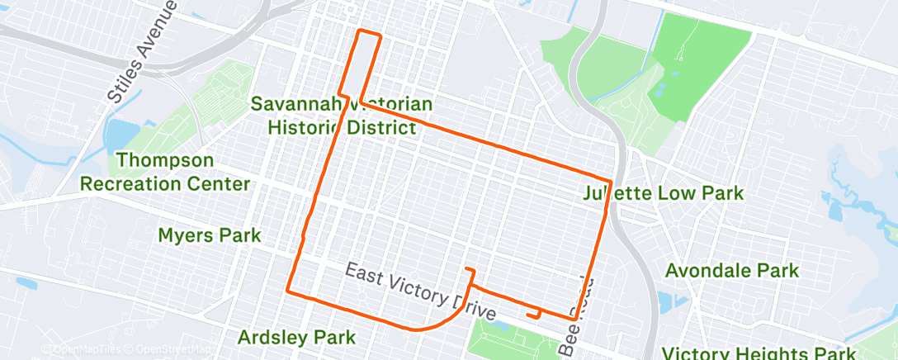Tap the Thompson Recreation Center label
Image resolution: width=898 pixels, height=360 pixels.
click(164, 171)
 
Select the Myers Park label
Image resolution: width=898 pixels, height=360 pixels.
click(209, 235)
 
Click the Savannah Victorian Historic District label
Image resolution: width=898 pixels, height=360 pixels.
click(342, 116)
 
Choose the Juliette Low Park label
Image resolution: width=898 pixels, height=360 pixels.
click(663, 194)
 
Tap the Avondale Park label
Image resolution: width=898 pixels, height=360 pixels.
click(731, 270)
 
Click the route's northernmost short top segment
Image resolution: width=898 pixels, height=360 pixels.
click(368, 32)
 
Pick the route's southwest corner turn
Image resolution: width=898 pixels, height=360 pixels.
click(287, 291)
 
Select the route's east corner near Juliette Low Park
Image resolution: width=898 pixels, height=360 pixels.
click(610, 181)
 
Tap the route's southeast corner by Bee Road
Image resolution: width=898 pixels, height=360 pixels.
click(572, 318)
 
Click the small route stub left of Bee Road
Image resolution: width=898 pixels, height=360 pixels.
click(535, 314)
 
